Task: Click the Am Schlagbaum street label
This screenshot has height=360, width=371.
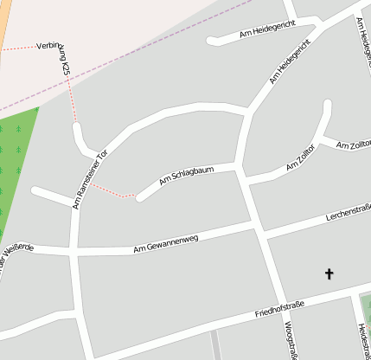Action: [186, 177]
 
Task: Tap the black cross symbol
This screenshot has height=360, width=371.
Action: [329, 274]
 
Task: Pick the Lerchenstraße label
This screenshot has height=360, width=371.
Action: [348, 211]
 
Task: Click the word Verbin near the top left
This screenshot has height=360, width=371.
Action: [50, 45]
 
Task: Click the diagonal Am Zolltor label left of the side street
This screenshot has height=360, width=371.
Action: [301, 158]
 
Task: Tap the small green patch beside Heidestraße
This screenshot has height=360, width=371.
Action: [365, 305]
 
